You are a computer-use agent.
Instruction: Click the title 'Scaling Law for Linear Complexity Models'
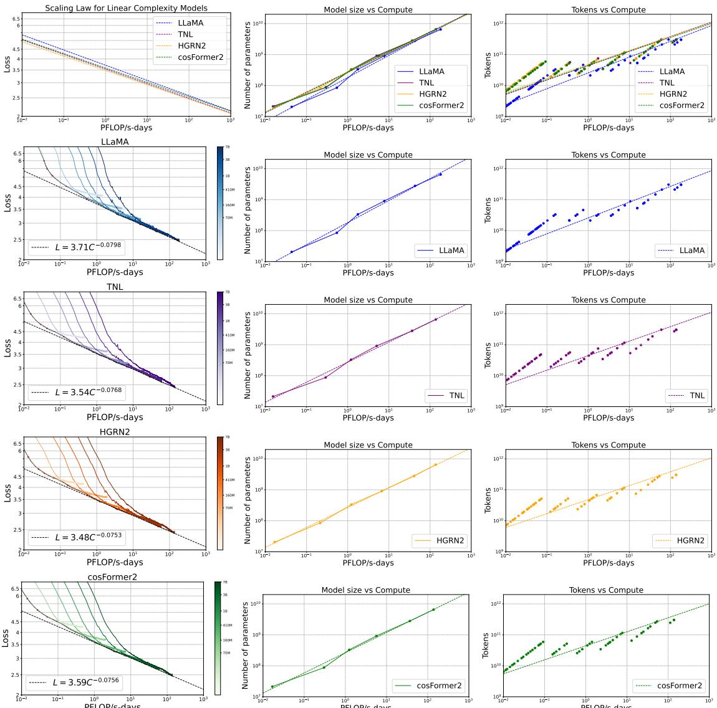pyautogui.click(x=126, y=8)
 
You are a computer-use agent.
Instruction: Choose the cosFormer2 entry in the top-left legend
pyautogui.click(x=199, y=57)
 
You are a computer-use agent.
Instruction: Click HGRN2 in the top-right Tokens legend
pyautogui.click(x=673, y=94)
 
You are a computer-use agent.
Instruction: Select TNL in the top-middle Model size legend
pyautogui.click(x=426, y=83)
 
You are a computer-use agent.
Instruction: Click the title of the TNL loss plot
pyautogui.click(x=115, y=287)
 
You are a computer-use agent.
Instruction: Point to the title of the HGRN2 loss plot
pyautogui.click(x=115, y=432)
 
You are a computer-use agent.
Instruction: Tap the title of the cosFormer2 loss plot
pyautogui.click(x=113, y=577)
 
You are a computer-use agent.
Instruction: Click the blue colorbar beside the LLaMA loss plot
pyautogui.click(x=220, y=203)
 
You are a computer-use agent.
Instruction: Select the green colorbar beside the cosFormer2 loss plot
pyautogui.click(x=218, y=638)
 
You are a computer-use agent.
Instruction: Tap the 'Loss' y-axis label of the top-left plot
pyautogui.click(x=7, y=64)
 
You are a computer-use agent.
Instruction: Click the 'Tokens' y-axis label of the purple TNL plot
pyautogui.click(x=488, y=355)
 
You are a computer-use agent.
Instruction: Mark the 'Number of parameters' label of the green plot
pyautogui.click(x=245, y=645)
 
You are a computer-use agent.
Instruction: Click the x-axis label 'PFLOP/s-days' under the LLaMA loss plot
pyautogui.click(x=115, y=272)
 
